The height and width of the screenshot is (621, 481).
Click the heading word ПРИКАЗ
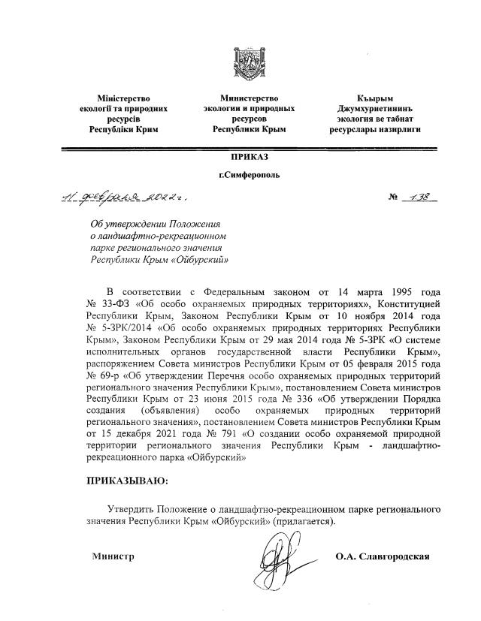(249, 156)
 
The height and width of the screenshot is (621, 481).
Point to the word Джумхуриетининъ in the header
(374, 109)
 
